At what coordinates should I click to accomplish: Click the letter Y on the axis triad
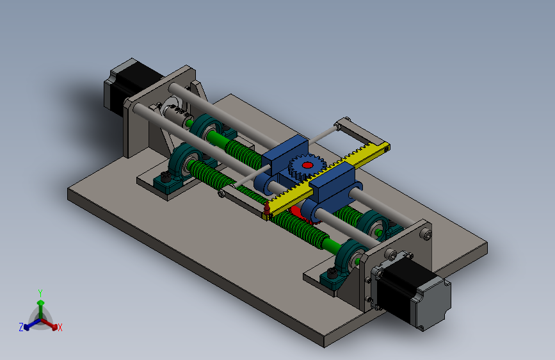pos(40,293)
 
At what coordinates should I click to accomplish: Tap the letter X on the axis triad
pos(60,327)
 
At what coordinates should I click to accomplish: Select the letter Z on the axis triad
pos(21,327)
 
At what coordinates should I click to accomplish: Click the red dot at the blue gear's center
pos(307,165)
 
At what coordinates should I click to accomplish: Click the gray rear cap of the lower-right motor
pos(433,304)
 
